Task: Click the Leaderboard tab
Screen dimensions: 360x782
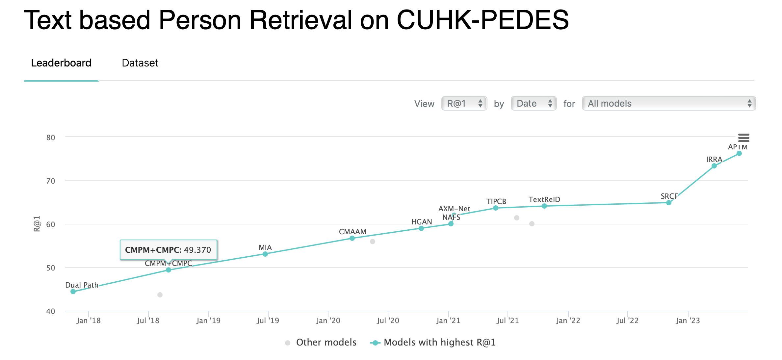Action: (61, 63)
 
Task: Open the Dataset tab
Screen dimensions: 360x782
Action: (140, 63)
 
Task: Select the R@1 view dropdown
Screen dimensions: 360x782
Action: (464, 103)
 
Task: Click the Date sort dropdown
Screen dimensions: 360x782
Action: (534, 103)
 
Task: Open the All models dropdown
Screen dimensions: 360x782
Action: (669, 103)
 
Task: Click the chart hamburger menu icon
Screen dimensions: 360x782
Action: (743, 138)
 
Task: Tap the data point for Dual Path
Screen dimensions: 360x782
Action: (73, 292)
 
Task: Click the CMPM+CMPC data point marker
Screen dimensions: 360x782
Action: (169, 270)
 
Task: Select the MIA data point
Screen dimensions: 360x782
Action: (265, 254)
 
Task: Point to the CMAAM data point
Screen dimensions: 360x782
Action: (352, 238)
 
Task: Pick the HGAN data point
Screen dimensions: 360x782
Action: (421, 228)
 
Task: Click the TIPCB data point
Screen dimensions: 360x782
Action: (496, 208)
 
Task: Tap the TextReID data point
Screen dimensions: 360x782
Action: (544, 206)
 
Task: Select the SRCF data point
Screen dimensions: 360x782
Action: (669, 203)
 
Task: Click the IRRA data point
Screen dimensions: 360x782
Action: (714, 166)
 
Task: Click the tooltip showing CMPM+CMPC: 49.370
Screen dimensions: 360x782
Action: (168, 250)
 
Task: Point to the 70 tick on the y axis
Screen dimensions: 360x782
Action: (51, 181)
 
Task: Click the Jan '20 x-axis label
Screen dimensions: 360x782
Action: (328, 321)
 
